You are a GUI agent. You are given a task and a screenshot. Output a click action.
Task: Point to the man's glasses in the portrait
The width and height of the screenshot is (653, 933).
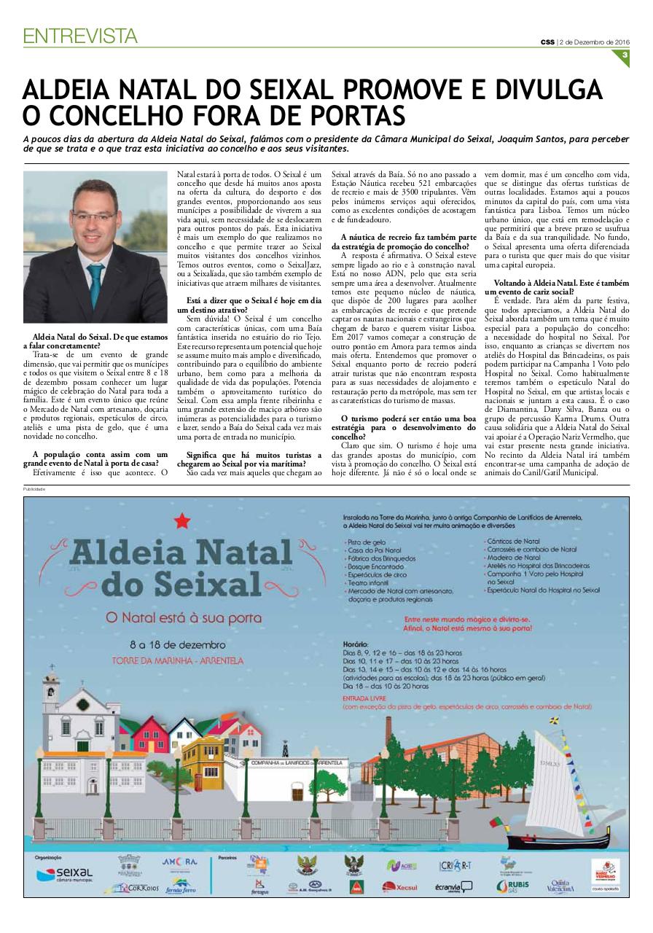[x=95, y=216]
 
